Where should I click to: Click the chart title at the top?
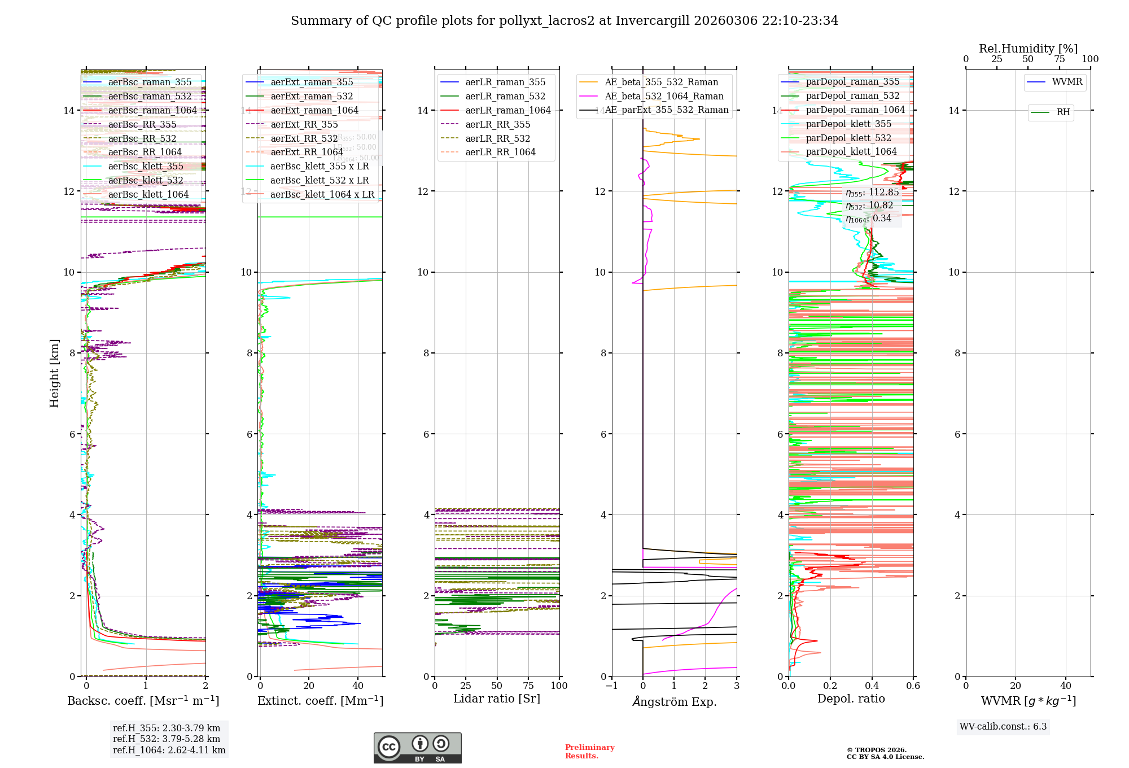coord(564,21)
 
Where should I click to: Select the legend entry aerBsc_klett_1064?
coord(148,195)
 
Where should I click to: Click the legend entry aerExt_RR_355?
coord(304,125)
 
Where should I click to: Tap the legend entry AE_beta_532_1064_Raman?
coord(664,97)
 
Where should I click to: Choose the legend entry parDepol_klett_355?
coord(848,124)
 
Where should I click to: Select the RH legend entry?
coord(1063,112)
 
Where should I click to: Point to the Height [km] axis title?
coord(54,373)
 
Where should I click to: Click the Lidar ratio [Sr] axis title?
coord(497,699)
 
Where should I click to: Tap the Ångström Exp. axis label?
coord(674,701)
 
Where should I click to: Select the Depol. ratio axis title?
coord(851,699)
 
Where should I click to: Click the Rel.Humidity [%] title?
coord(1028,49)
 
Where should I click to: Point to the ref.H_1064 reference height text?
coord(169,750)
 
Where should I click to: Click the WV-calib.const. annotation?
coord(1003,726)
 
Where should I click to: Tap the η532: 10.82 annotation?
coord(869,206)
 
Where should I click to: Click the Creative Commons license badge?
coord(417,748)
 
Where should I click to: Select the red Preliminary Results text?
coord(589,751)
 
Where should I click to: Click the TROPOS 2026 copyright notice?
coord(885,753)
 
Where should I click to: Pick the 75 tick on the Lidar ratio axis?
coord(528,686)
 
